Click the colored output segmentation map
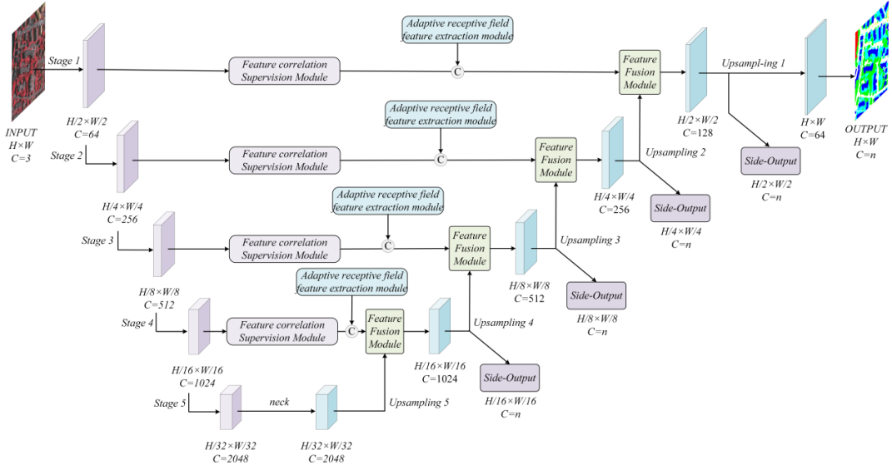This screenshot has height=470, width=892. (x=870, y=73)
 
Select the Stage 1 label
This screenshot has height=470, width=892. (x=65, y=62)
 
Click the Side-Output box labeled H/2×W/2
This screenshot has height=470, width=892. (x=769, y=161)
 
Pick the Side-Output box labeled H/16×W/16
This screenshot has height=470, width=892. (x=510, y=378)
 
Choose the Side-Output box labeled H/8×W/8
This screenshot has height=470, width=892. (x=595, y=294)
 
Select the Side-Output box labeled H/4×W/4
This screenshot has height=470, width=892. (x=680, y=208)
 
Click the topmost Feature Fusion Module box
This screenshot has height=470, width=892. (x=640, y=72)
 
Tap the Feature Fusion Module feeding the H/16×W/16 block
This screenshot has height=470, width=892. (x=384, y=331)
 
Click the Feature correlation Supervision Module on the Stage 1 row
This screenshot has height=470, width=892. (x=285, y=71)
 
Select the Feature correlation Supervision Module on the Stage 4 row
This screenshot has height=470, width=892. (x=282, y=331)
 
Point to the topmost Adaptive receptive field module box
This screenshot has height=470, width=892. (x=457, y=30)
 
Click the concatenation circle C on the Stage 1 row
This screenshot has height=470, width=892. (x=457, y=72)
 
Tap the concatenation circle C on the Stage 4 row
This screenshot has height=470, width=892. (x=351, y=331)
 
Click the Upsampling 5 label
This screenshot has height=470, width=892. (x=418, y=403)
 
